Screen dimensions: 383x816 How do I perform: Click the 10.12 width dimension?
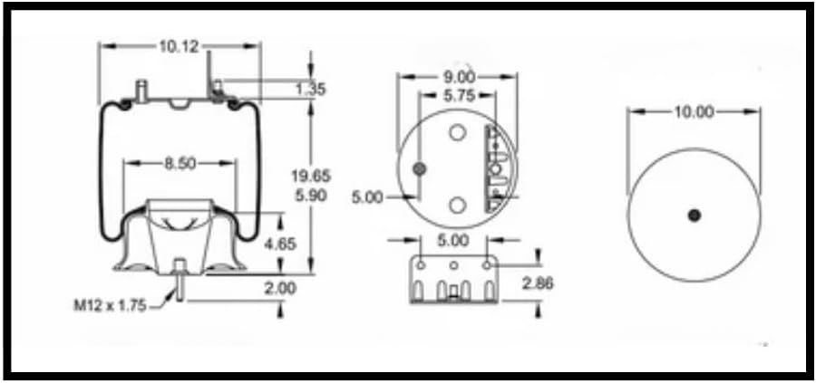[x=180, y=45]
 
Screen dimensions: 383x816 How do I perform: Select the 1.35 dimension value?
[x=311, y=90]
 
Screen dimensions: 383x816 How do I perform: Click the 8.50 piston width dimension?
[x=181, y=164]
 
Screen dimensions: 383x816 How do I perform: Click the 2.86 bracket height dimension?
[x=539, y=283]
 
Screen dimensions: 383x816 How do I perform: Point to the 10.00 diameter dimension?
[x=694, y=112]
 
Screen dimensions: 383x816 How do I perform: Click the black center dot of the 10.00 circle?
[x=695, y=215]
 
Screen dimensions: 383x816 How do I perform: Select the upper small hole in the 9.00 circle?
[x=458, y=134]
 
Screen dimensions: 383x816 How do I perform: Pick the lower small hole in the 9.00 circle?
[x=458, y=205]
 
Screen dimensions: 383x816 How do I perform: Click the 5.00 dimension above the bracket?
[x=452, y=241]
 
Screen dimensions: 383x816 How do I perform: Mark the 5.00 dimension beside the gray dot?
[x=368, y=196]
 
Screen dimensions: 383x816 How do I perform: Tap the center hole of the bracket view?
[x=453, y=265]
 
